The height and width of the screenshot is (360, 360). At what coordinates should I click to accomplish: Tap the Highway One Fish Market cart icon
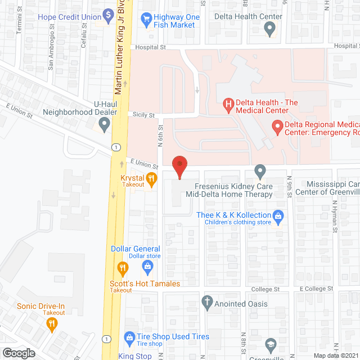click(x=147, y=18)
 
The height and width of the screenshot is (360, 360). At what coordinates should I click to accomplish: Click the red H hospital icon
click(x=228, y=103)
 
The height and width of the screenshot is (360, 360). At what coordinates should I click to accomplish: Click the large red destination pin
click(x=179, y=165)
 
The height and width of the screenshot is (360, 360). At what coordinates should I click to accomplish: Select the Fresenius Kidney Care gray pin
click(x=260, y=170)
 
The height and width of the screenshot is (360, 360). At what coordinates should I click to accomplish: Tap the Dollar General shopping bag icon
click(x=147, y=265)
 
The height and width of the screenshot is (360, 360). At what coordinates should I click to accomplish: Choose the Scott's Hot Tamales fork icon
click(x=120, y=267)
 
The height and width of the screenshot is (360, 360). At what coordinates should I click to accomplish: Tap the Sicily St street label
click(x=144, y=115)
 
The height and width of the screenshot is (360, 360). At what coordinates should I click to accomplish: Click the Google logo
click(x=19, y=353)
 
